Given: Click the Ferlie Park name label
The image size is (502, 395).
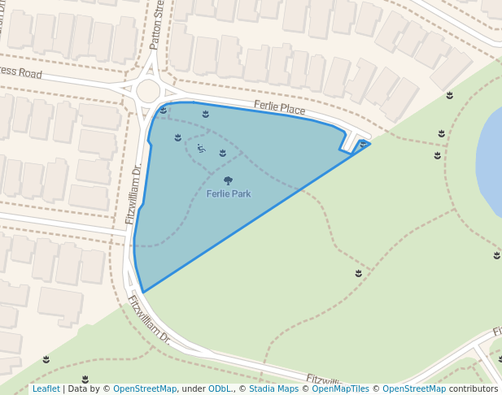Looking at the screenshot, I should pyautogui.click(x=228, y=194).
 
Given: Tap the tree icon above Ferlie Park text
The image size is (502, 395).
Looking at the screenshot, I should pyautogui.click(x=228, y=181).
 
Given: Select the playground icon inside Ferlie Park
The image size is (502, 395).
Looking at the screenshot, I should pyautogui.click(x=201, y=149).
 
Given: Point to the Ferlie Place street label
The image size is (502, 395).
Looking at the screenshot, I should pyautogui.click(x=279, y=107).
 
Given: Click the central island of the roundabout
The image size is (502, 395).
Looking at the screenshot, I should pyautogui.click(x=148, y=90).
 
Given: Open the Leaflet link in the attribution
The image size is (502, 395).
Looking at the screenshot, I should pyautogui.click(x=46, y=389).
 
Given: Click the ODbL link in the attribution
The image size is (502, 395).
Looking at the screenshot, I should pyautogui.click(x=219, y=389).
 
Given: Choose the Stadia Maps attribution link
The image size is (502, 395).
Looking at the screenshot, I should pyautogui.click(x=273, y=389).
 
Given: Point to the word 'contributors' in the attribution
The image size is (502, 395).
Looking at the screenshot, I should pyautogui.click(x=474, y=389).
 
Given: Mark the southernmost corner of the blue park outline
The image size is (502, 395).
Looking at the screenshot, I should pyautogui.click(x=143, y=292).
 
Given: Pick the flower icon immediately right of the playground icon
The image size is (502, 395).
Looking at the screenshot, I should pyautogui.click(x=222, y=153).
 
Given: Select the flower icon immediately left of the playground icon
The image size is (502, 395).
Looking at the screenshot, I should pyautogui.click(x=178, y=137).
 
